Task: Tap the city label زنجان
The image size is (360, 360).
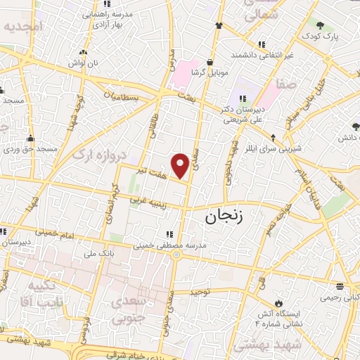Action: [224, 215]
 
